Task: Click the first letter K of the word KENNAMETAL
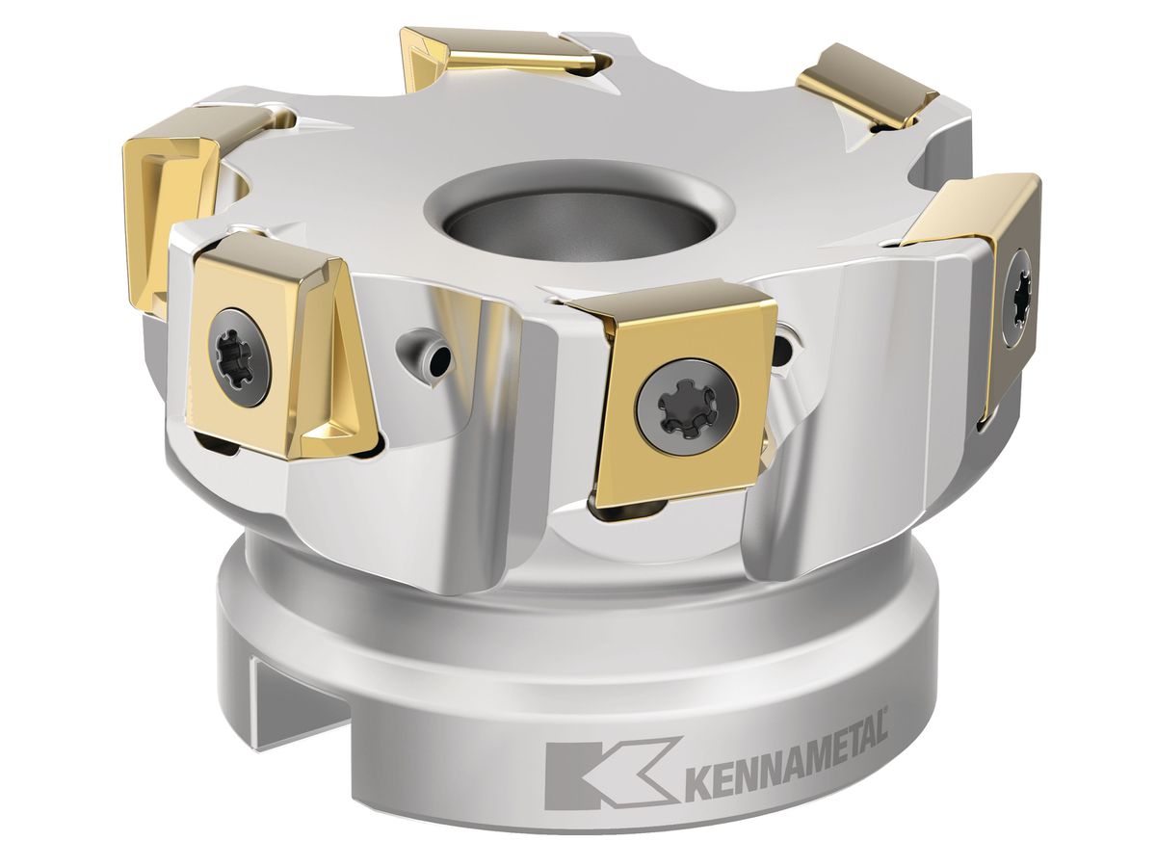point(697,781)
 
